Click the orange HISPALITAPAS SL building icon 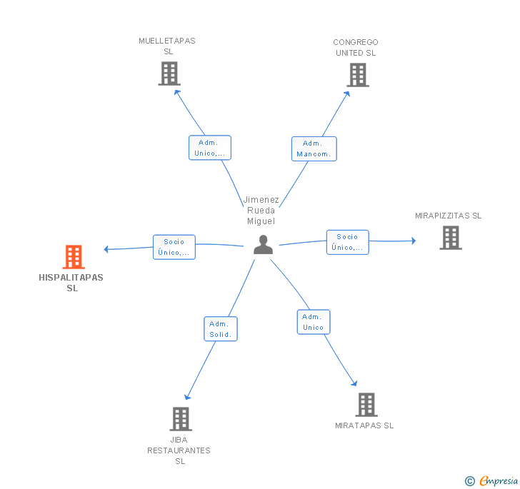click(x=74, y=256)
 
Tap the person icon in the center click(x=264, y=245)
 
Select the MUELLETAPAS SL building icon click(x=169, y=74)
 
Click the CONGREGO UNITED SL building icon click(x=358, y=75)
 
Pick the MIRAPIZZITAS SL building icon click(x=451, y=238)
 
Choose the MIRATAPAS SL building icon click(x=366, y=405)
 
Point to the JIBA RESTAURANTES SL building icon click(x=181, y=419)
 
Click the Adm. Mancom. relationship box click(x=314, y=149)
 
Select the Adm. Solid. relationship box click(x=221, y=329)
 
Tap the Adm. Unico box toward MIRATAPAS click(x=314, y=322)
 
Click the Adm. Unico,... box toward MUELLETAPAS click(x=210, y=148)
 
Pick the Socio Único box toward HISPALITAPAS click(x=174, y=247)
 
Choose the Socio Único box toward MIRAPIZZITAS click(x=348, y=242)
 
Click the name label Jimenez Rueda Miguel click(x=261, y=210)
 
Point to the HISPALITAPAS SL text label click(x=71, y=283)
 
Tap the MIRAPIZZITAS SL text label click(x=449, y=216)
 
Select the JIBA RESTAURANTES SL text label click(x=179, y=450)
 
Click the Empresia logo click(x=491, y=480)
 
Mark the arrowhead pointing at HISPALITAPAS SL click(x=106, y=249)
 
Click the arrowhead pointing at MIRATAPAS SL click(x=354, y=383)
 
